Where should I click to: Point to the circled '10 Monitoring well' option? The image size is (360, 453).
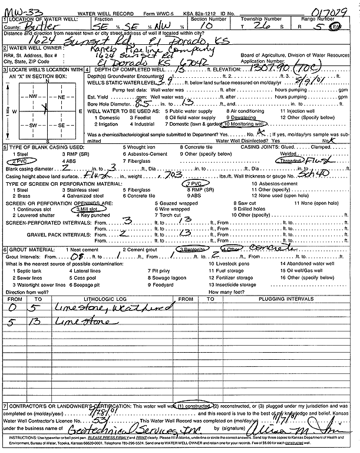pyautogui.click(x=242, y=124)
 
